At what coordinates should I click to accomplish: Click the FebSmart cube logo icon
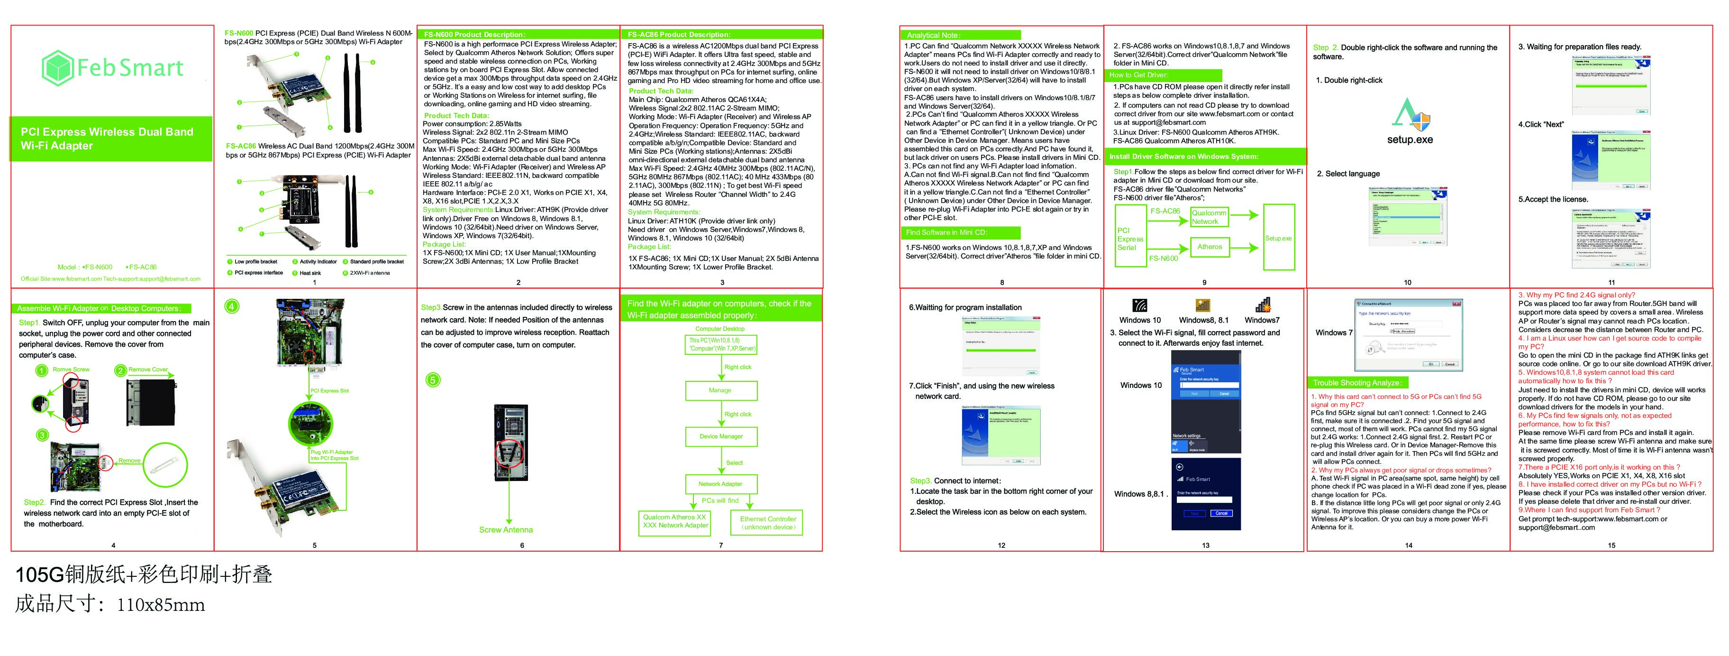[56, 68]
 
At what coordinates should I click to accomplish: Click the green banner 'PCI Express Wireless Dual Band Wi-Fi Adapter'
[111, 139]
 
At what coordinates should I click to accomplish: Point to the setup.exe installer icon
[1410, 115]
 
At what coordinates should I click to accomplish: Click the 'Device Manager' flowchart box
[721, 436]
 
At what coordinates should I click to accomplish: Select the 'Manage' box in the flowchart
[720, 390]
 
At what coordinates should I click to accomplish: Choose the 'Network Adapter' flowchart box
[720, 483]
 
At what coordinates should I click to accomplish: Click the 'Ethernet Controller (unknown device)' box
[768, 522]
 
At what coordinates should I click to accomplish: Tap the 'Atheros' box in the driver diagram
[1210, 247]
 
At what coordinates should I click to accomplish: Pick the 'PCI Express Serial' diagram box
[1130, 239]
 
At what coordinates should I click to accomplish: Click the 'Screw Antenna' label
[506, 530]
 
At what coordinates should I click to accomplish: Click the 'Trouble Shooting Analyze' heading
[1356, 383]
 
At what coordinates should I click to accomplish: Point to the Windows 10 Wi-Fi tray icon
[1140, 305]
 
